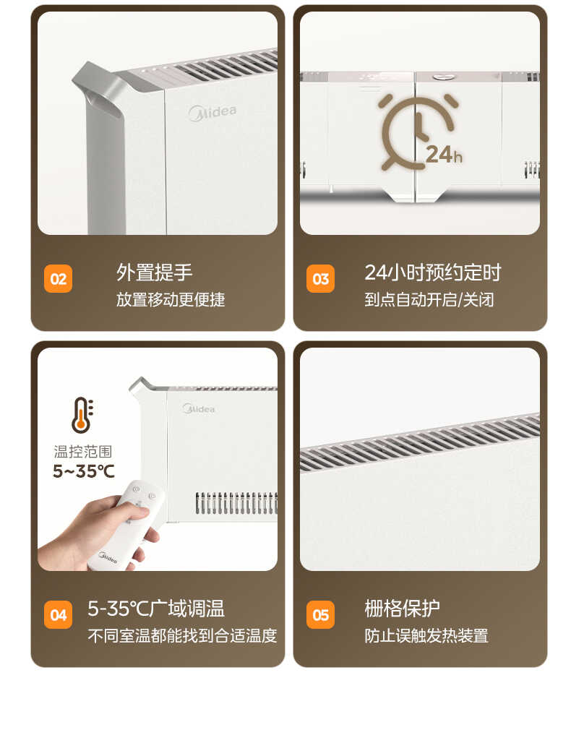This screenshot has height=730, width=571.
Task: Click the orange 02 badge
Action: [x=59, y=279]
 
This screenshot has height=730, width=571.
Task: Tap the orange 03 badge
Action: [x=320, y=279]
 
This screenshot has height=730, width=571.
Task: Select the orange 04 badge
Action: [x=59, y=615]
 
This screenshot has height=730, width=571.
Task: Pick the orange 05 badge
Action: [x=320, y=615]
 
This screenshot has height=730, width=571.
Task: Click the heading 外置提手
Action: [x=155, y=272]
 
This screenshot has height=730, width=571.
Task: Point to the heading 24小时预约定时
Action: [x=432, y=272]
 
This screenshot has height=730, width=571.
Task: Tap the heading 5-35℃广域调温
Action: [x=156, y=609]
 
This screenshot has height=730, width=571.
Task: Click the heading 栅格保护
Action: [x=402, y=609]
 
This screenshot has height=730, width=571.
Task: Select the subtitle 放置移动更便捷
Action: [x=171, y=299]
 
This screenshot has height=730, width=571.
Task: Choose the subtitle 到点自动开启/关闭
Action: [x=429, y=299]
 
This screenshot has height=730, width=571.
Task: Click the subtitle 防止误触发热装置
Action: [x=426, y=636]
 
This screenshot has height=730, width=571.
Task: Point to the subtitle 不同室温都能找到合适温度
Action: [x=182, y=636]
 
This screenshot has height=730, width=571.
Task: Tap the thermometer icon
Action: [x=82, y=415]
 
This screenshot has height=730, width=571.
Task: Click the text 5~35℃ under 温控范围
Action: [x=83, y=472]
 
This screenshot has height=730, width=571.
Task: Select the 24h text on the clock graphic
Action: [x=443, y=155]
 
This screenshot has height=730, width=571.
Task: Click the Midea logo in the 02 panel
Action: [x=212, y=113]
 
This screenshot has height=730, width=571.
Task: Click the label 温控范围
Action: [x=83, y=452]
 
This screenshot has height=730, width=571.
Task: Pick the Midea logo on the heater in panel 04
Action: [x=199, y=408]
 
